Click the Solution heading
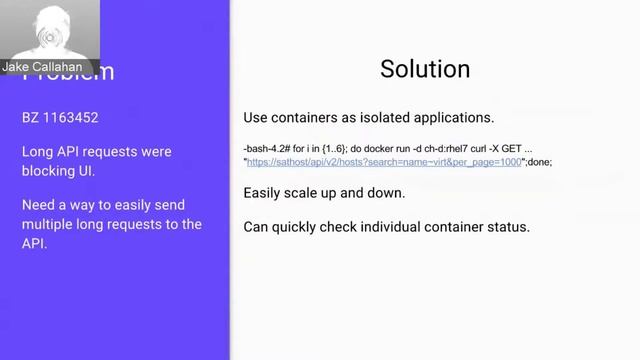point(425,70)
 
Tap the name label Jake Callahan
point(43,67)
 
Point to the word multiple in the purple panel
point(51,224)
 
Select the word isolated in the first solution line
point(389,116)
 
